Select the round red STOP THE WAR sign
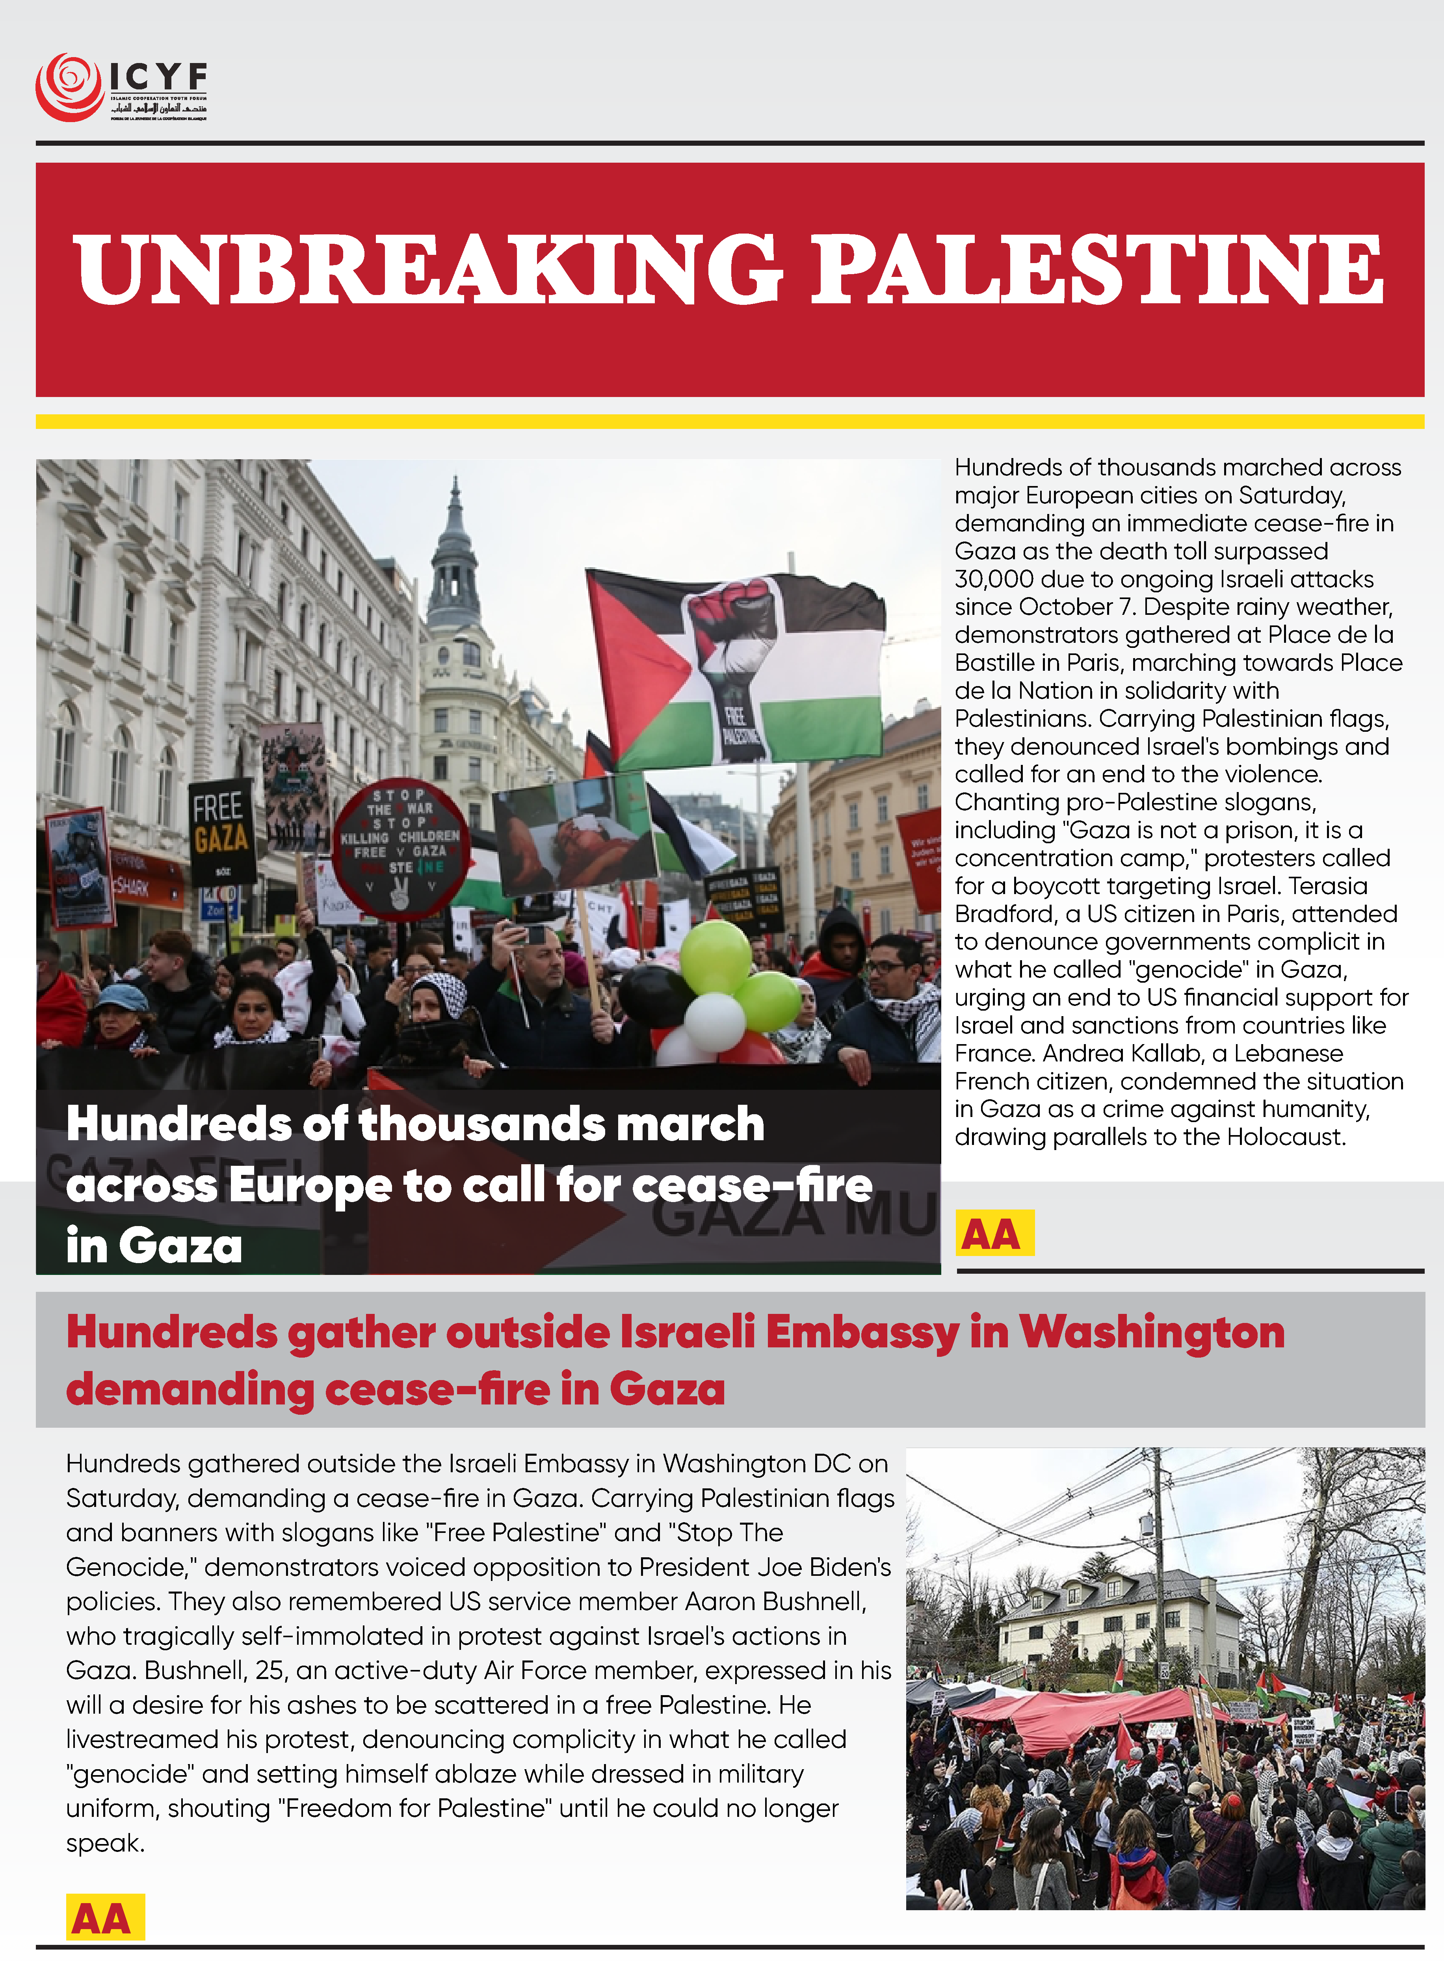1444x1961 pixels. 400,848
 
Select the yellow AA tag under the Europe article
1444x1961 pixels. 994,1233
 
